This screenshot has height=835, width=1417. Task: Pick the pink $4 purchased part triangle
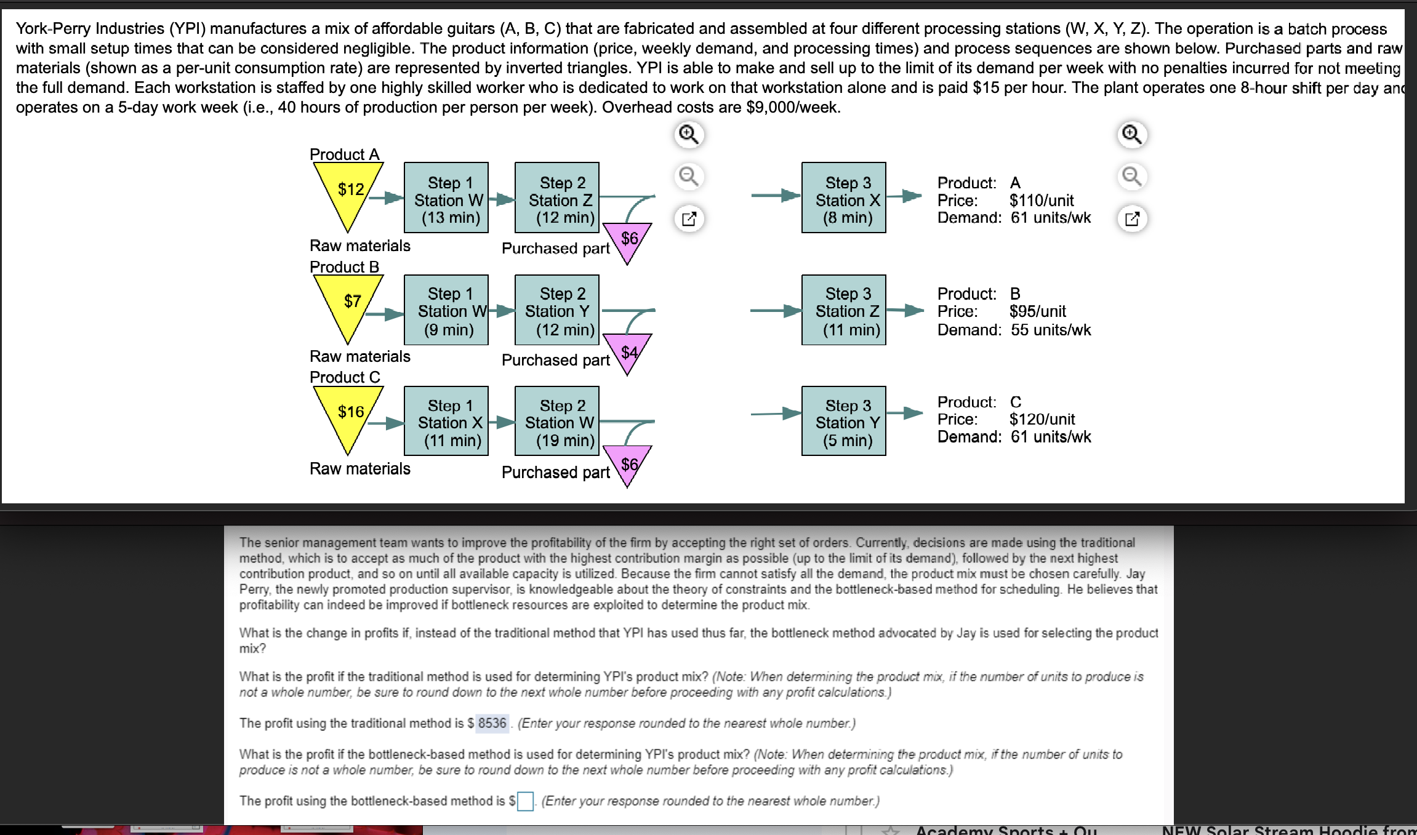pyautogui.click(x=627, y=351)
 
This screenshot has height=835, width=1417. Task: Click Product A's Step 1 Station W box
pyautogui.click(x=446, y=198)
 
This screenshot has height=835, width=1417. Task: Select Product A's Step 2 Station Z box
pyautogui.click(x=557, y=198)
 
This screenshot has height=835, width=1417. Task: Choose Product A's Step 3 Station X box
pyautogui.click(x=844, y=198)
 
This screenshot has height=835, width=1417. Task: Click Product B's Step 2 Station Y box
pyautogui.click(x=557, y=310)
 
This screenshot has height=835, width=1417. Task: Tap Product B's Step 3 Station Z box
pyautogui.click(x=844, y=310)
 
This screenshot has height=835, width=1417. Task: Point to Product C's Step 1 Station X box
pyautogui.click(x=446, y=421)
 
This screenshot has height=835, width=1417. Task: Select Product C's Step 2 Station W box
pyautogui.click(x=557, y=421)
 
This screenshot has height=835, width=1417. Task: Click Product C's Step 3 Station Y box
pyautogui.click(x=844, y=421)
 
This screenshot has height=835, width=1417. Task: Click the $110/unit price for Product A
pyautogui.click(x=1042, y=201)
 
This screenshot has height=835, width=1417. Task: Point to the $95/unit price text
pyautogui.click(x=1038, y=311)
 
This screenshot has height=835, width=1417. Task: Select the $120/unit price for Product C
pyautogui.click(x=1042, y=420)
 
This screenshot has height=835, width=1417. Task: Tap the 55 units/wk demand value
pyautogui.click(x=1051, y=330)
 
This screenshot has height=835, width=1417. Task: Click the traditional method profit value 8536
pyautogui.click(x=492, y=723)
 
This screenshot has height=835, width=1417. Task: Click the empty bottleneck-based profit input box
pyautogui.click(x=525, y=801)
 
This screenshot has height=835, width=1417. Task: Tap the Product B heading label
pyautogui.click(x=344, y=267)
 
